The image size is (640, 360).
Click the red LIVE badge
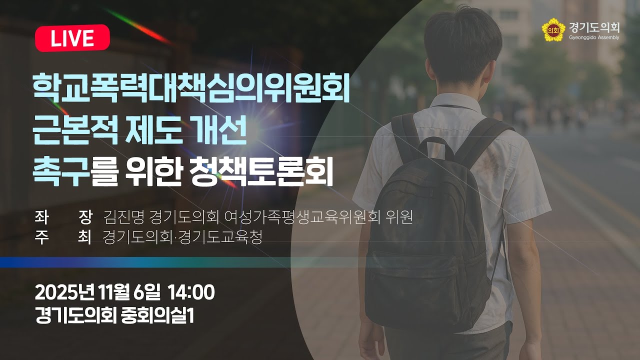click(72, 38)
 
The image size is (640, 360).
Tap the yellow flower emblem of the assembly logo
click(553, 30)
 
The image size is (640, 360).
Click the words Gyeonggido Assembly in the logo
click(593, 37)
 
